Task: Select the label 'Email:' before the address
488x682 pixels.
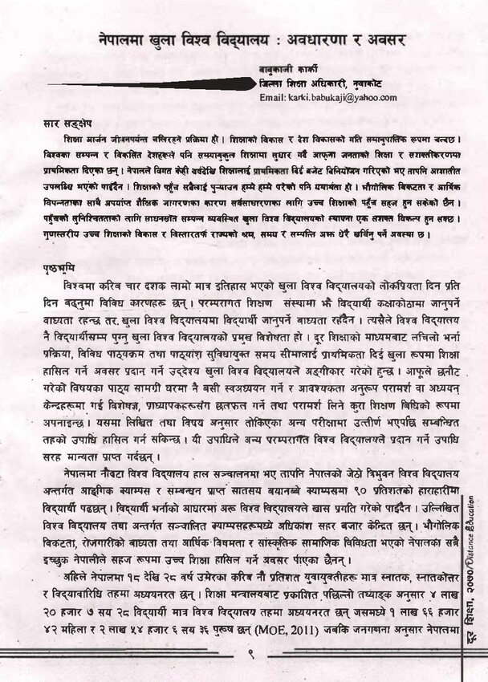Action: pyautogui.click(x=273, y=97)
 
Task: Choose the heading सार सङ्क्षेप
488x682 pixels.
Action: pyautogui.click(x=67, y=124)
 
